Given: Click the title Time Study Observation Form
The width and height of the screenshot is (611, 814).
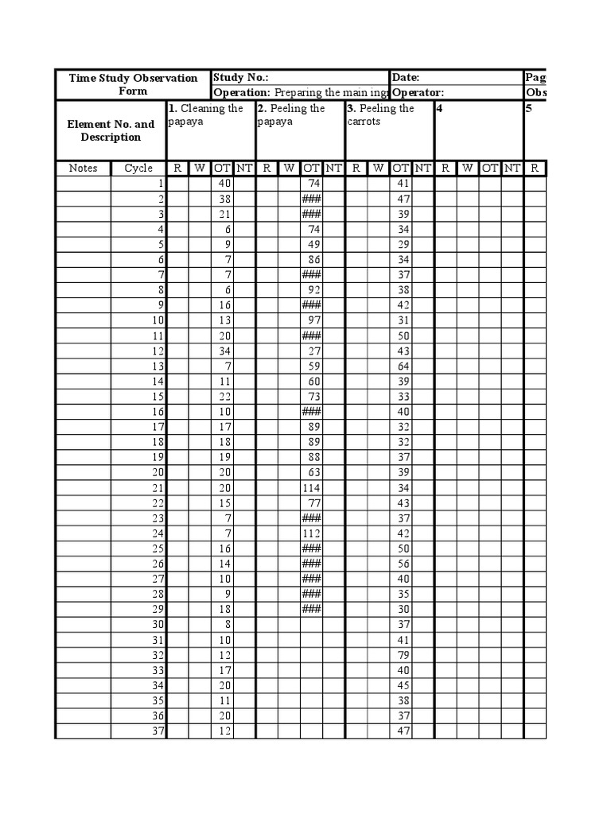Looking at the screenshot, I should click(x=133, y=84).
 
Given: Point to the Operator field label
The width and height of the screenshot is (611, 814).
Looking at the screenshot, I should click(x=417, y=92).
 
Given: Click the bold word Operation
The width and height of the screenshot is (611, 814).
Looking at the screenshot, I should click(x=242, y=92).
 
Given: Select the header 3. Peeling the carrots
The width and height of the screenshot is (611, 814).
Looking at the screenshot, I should click(x=380, y=114).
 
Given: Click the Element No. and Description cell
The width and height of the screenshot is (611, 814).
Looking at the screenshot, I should click(x=111, y=130).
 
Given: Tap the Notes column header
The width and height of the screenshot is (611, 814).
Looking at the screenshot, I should click(x=83, y=168).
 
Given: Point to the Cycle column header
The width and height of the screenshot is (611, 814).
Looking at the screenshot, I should click(x=138, y=168).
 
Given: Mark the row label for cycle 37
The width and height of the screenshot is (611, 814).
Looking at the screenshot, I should click(x=157, y=731).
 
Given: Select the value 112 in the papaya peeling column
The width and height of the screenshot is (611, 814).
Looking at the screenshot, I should click(x=310, y=533).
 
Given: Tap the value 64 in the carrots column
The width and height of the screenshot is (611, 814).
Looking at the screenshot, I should click(x=403, y=366).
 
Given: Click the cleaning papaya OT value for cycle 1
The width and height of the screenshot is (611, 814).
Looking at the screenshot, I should click(x=224, y=183).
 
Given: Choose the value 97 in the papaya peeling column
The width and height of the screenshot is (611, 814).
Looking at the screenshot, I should click(x=313, y=320).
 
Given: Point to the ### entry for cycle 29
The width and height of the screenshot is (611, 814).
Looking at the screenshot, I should click(x=311, y=609).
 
